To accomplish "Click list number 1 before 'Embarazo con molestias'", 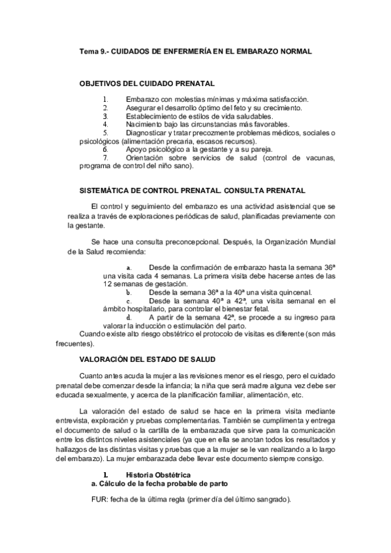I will pyautogui.click(x=104, y=99).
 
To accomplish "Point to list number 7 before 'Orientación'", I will pyautogui.click(x=104, y=158).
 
